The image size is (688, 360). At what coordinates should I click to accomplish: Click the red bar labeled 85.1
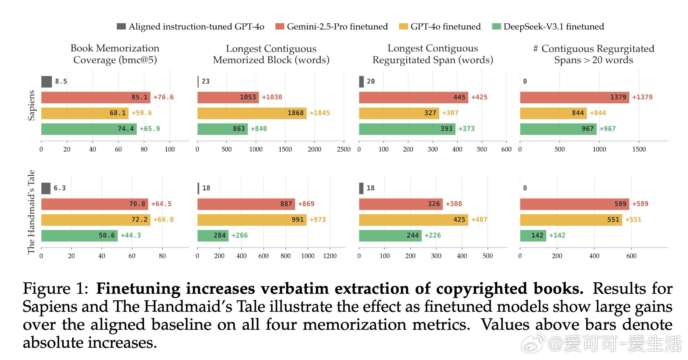tap(96, 97)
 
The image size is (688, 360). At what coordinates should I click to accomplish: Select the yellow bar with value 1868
tap(252, 113)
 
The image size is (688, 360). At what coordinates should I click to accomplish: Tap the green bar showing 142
tap(533, 235)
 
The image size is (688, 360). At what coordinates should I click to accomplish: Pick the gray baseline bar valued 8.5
tap(46, 81)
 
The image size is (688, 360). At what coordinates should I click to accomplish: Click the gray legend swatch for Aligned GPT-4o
tap(121, 26)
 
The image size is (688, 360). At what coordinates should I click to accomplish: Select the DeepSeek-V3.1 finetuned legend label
tap(553, 27)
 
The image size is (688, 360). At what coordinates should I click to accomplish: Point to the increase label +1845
tap(320, 113)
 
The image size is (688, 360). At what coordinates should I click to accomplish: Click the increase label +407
tap(479, 220)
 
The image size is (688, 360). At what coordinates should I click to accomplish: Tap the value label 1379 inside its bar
tap(618, 97)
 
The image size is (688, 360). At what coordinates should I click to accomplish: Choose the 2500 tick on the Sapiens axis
tap(344, 149)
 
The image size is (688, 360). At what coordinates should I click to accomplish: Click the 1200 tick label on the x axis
tap(330, 256)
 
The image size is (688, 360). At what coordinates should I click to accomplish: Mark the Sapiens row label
tap(32, 105)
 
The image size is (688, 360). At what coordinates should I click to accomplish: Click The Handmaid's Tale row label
tap(32, 212)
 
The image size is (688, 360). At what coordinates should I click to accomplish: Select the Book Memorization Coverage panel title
tap(115, 54)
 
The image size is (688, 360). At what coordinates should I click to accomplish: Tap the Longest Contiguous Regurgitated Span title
tap(433, 54)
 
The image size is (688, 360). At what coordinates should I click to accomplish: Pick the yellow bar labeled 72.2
tap(96, 220)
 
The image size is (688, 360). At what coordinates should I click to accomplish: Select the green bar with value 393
tap(407, 129)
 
